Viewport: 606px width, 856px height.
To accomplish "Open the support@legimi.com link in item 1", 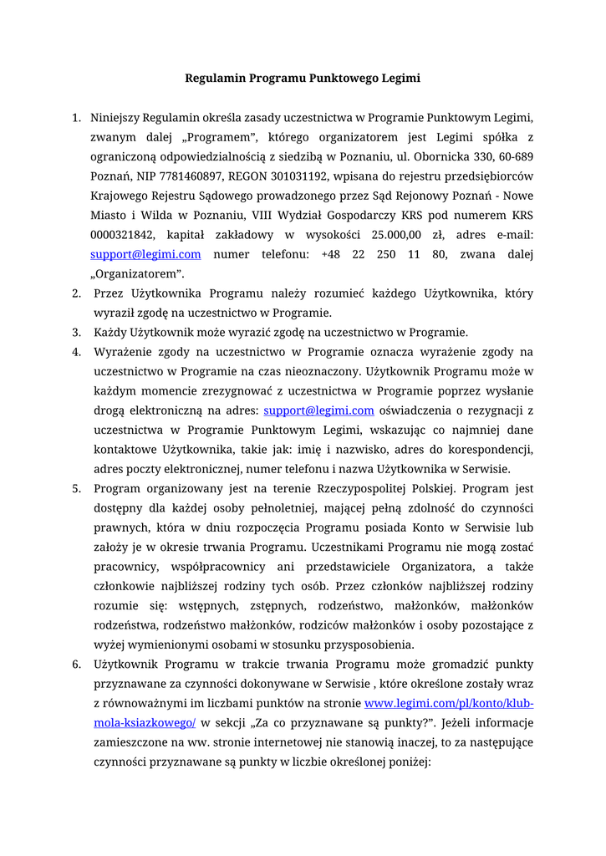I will point(145,254).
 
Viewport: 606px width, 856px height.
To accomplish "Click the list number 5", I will point(76,488).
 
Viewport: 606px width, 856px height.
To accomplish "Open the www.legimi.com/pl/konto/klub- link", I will point(450,703).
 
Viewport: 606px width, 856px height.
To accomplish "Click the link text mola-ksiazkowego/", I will point(144,722).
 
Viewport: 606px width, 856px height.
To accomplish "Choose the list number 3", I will point(76,332).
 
